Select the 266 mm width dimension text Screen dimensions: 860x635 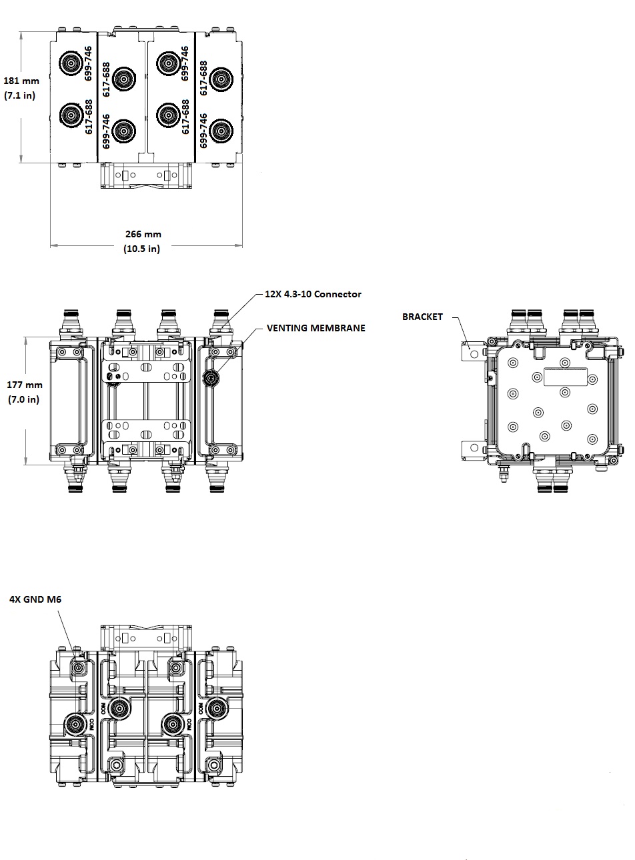(143, 234)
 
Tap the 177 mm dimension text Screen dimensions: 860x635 (25, 385)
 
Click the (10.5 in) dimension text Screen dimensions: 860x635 (142, 249)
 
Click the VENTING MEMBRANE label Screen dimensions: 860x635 (316, 328)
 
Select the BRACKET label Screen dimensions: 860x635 (422, 317)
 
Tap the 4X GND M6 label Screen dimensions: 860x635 (35, 599)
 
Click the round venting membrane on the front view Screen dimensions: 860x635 (211, 378)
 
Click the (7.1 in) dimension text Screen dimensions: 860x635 (20, 95)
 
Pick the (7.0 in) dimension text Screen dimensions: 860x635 (24, 399)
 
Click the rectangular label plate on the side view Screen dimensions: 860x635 (564, 377)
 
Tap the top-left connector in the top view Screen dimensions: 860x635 (70, 64)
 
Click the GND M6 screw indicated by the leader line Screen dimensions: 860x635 (79, 667)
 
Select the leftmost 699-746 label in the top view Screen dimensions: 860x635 (89, 64)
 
